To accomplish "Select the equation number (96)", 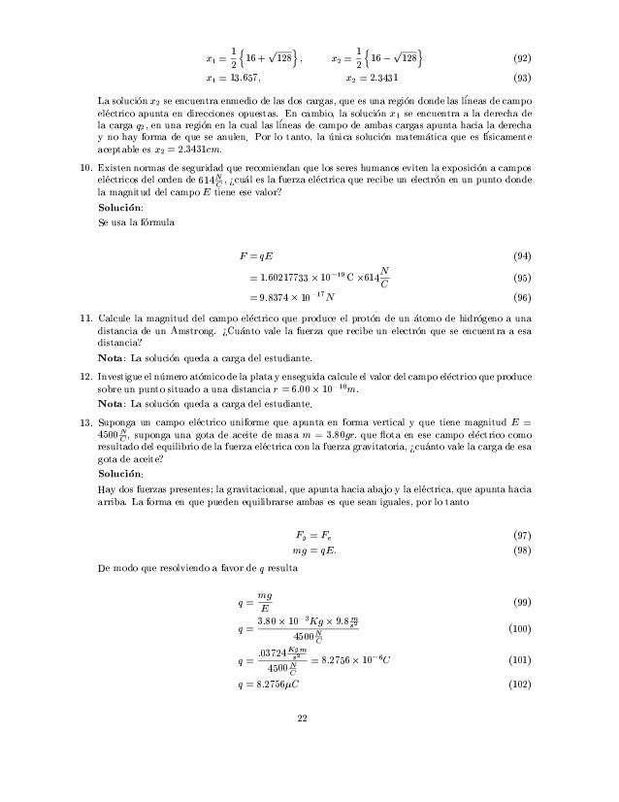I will click(522, 297).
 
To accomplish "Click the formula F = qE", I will click(256, 255).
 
